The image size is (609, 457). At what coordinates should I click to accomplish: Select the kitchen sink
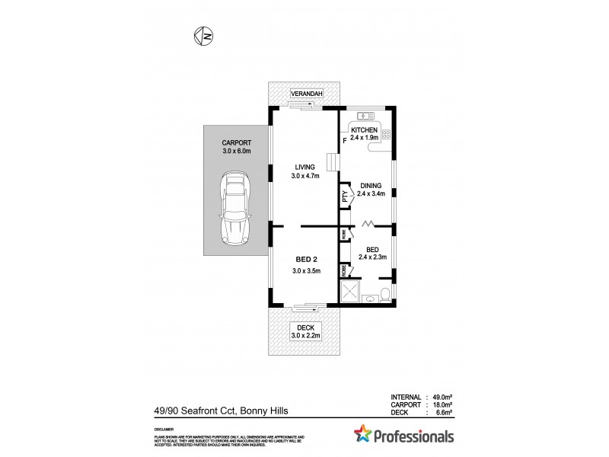[365, 117]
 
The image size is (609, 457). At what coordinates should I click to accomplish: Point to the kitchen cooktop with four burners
[386, 134]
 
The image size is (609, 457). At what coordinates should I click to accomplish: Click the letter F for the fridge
[345, 140]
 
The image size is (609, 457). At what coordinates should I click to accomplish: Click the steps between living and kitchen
[331, 164]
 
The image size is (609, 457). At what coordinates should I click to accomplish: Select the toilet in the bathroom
[384, 294]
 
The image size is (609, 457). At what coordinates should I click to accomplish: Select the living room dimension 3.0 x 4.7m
[304, 177]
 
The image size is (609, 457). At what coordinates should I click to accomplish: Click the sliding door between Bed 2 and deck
[304, 308]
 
